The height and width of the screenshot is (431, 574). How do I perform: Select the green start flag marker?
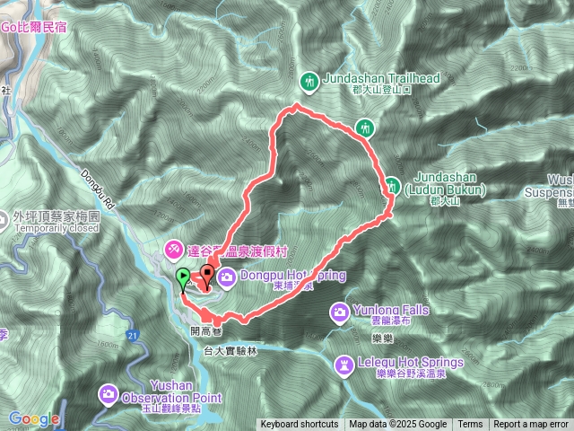coord(183,278)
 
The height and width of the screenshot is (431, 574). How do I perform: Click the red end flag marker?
coord(208,272)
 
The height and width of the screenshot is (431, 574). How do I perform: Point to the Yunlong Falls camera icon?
coord(340,312)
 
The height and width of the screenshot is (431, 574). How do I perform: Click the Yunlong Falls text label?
coord(391,311)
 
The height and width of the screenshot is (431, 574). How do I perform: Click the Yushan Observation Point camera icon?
coord(109,392)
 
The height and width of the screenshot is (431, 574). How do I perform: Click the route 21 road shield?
coord(132,336)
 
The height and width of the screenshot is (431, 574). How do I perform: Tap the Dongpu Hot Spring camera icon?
coord(226,277)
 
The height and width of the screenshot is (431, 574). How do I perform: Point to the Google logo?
coord(34,419)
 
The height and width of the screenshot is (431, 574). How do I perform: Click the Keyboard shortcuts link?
coord(300,425)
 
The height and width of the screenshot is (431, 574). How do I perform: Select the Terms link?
coord(470,425)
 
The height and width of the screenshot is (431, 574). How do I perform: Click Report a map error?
coord(531,425)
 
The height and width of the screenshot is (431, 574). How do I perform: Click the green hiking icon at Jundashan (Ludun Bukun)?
coord(393,187)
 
